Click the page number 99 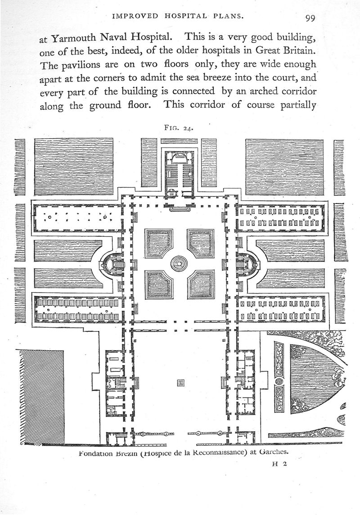(x=310, y=18)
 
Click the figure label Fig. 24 (x=179, y=127)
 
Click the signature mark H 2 (x=279, y=466)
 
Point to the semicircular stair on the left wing (x=112, y=264)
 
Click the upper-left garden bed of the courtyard (x=158, y=243)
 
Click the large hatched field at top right (x=284, y=166)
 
